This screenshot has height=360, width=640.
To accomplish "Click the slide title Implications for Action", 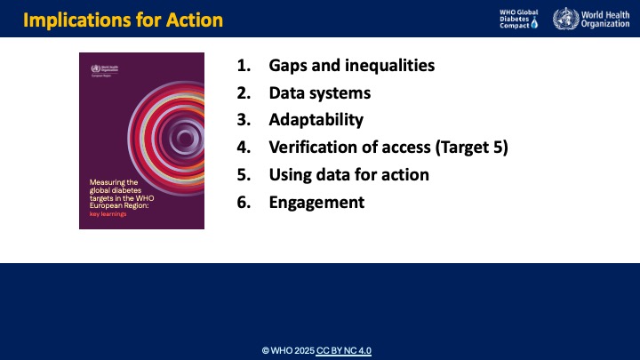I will click(x=124, y=19).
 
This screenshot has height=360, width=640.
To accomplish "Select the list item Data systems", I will click(x=320, y=92).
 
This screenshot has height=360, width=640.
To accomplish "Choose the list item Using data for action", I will click(x=349, y=174).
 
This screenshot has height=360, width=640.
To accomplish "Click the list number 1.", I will click(x=243, y=66).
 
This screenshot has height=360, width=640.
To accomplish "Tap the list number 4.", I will click(x=243, y=148).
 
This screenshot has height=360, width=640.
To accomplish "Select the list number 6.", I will click(x=243, y=202).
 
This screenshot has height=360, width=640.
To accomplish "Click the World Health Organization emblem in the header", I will click(x=564, y=19).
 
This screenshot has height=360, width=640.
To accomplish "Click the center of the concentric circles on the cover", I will click(x=185, y=138).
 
